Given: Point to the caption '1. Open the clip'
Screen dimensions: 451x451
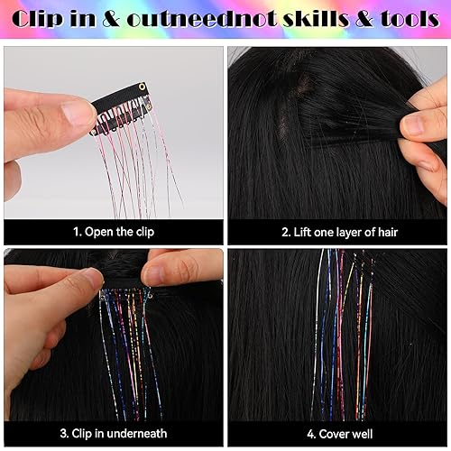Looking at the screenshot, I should (x=113, y=231).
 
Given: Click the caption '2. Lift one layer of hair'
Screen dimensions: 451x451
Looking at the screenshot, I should (x=339, y=231).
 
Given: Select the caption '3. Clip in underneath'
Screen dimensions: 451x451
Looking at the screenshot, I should (x=113, y=433).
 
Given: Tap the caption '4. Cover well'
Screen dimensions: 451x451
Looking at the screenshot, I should (x=339, y=433).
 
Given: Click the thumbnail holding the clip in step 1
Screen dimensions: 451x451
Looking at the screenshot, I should (x=68, y=112).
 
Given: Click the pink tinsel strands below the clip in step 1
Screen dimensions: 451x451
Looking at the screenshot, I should (x=135, y=167).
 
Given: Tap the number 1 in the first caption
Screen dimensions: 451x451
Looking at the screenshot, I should (x=77, y=231).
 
